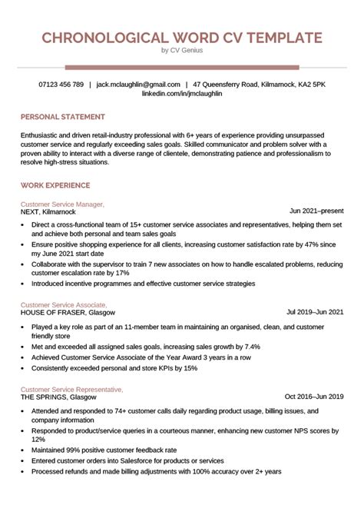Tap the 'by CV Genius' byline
182,51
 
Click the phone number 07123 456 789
61,84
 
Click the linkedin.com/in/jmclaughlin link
182,93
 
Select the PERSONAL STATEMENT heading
63,117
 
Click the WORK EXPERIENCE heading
56,185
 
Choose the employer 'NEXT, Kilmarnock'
48,211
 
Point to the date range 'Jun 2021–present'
316,211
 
